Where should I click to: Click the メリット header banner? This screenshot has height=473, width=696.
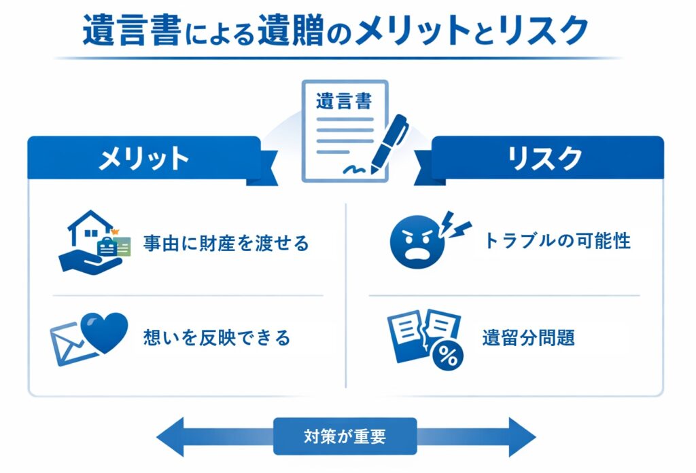pos(143,158)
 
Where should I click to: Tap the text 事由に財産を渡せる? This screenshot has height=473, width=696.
pos(226,243)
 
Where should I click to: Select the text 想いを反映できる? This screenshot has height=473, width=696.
pos(217,337)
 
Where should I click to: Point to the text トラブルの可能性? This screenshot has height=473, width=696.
pos(557,241)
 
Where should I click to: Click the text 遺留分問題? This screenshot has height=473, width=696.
pos(528,337)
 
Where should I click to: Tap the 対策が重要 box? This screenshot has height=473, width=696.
pos(345,436)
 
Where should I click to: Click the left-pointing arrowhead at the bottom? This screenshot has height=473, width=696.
pos(170,436)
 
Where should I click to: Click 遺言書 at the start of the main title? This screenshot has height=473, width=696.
pos(132,31)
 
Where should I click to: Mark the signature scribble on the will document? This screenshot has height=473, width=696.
pos(357,167)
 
